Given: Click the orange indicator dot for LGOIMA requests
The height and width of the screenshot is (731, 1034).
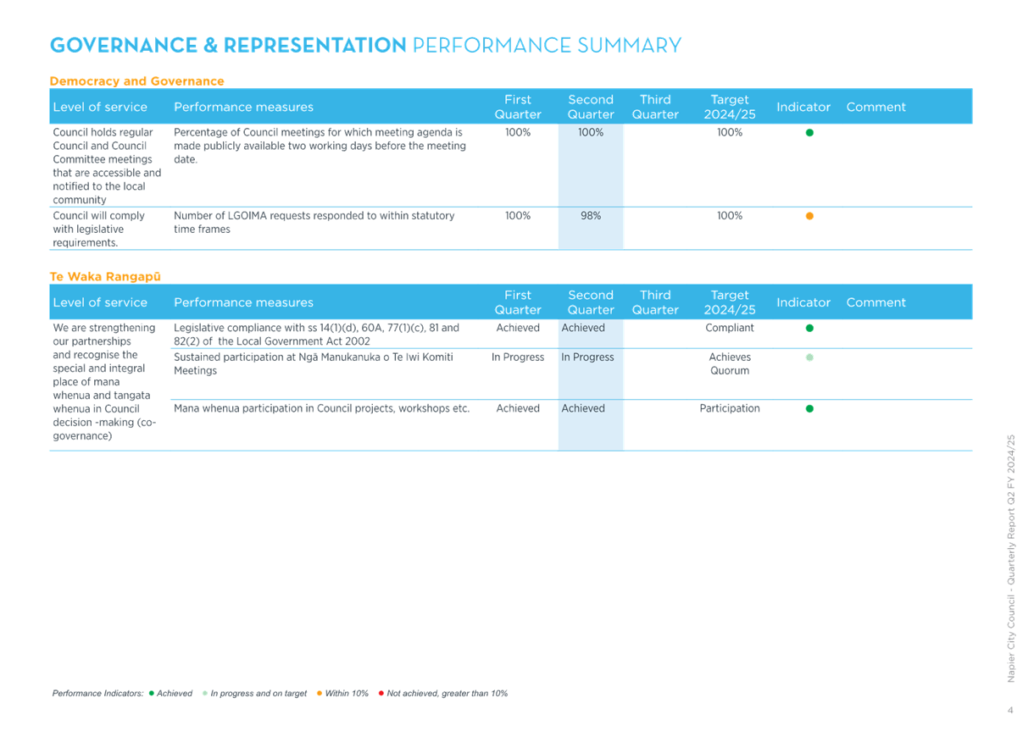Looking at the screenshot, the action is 809,216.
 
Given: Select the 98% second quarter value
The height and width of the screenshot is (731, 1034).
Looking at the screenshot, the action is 591,216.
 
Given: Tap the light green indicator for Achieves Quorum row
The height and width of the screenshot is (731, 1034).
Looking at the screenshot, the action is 809,357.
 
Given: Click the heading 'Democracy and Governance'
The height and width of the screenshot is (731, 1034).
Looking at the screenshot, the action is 136,81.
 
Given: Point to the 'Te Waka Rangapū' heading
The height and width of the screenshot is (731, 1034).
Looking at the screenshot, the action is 105,277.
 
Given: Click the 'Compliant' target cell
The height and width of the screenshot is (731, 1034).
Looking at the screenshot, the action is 730,328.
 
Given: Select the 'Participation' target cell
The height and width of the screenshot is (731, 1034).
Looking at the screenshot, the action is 730,408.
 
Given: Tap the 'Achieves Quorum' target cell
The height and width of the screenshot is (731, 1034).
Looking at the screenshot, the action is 730,364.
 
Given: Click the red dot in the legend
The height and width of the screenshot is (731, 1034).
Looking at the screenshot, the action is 381,693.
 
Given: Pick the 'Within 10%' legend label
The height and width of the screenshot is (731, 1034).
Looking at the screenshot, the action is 347,693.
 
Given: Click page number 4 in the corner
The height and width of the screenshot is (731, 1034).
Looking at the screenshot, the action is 1010,710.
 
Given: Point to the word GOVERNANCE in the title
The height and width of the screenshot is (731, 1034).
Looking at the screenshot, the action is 125,45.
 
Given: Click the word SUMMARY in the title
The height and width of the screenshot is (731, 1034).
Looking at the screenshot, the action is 629,45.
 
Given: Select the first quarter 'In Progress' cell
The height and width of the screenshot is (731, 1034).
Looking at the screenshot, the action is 518,357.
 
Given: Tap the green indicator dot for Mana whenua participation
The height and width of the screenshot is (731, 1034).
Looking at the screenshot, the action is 809,408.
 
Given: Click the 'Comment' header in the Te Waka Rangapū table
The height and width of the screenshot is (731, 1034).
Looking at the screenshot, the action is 876,302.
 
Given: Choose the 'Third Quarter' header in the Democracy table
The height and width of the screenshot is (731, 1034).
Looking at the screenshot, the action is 655,107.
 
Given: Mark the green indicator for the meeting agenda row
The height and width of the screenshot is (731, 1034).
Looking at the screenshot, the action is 809,133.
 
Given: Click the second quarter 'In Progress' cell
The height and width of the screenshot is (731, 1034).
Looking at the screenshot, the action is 587,357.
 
